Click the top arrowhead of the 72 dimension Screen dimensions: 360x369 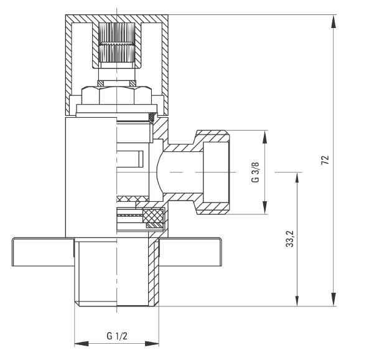point(335,19)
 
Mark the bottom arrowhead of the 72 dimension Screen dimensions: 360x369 point(335,301)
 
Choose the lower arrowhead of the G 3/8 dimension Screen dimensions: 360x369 point(265,210)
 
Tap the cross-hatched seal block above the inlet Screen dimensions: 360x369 point(153,216)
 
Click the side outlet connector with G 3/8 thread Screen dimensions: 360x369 point(212,171)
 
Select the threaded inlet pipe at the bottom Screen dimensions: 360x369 point(116,274)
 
